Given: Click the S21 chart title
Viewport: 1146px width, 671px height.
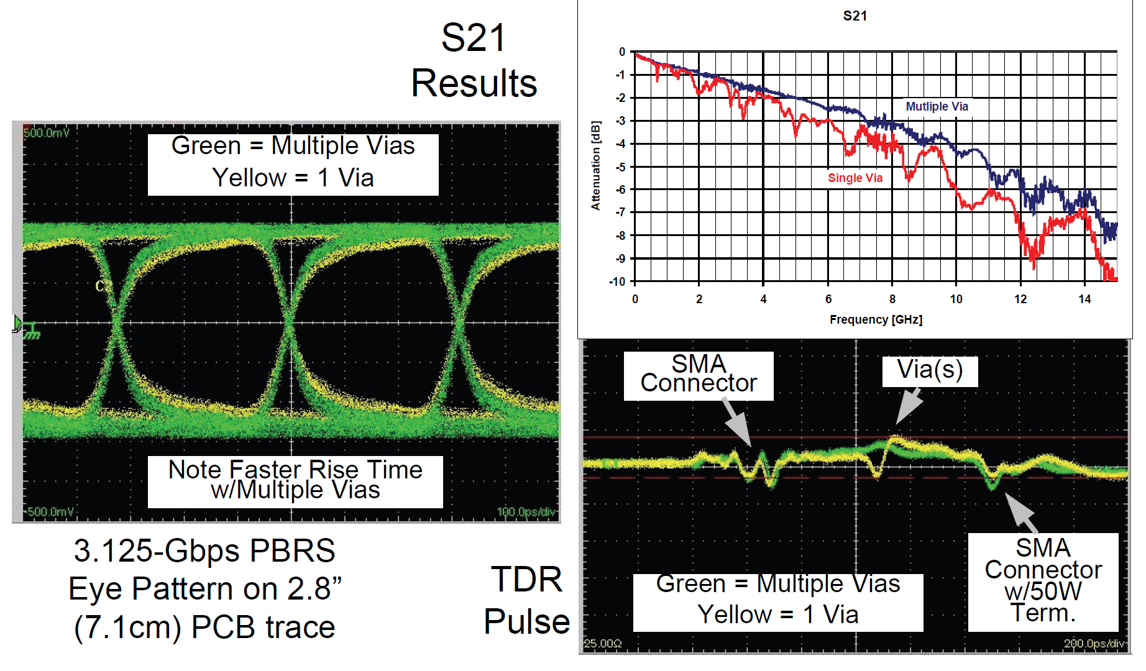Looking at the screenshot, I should coord(855,16).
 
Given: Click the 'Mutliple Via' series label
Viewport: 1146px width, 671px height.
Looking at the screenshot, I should coord(937,106).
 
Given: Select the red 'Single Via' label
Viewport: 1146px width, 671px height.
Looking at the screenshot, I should coord(855,178).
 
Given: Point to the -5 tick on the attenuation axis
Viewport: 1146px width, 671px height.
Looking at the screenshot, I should coord(620,167).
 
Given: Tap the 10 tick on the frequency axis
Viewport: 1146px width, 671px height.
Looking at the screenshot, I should coord(956,299).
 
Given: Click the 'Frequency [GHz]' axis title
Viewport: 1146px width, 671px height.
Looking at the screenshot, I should coord(876,319).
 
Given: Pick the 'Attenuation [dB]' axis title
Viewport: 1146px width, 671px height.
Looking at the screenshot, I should coord(595,166).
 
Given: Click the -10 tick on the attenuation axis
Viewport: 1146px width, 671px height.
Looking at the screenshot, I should coord(617,281).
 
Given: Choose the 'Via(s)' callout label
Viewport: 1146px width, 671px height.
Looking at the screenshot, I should coord(930,370).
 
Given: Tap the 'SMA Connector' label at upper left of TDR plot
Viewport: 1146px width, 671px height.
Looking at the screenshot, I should coord(699,374).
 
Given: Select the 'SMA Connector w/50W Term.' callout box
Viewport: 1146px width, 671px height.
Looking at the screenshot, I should coord(1043,580).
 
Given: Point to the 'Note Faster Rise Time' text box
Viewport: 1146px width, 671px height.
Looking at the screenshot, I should coord(295,480).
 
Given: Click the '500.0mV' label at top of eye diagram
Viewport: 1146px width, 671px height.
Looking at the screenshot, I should coord(47,133).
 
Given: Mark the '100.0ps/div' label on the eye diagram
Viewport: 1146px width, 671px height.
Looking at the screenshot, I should coord(526,512).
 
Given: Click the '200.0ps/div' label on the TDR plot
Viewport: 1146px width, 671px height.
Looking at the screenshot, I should coord(1094,644).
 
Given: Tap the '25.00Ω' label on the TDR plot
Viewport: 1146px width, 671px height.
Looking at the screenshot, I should coord(603,644).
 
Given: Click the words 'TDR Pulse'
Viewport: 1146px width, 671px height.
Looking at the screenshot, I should coord(526,600).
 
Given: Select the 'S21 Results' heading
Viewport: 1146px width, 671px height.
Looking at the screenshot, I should coord(474,61).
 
